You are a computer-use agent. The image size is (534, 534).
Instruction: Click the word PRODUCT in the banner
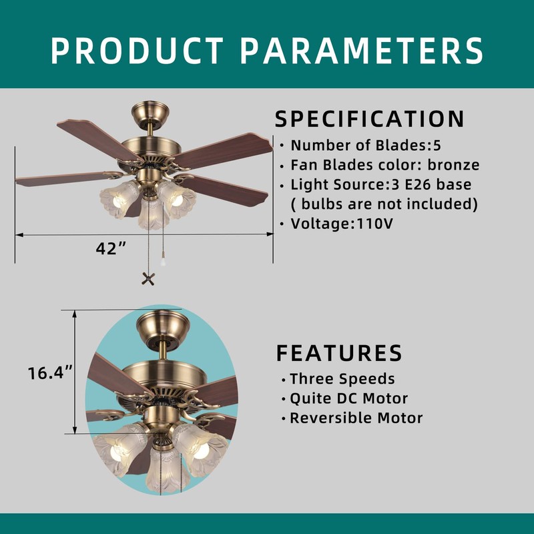pos(137,50)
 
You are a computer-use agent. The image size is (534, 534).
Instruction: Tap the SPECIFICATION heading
pos(370,119)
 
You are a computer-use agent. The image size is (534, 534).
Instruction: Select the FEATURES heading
pos(339,352)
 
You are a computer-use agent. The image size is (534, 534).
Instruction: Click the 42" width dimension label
pos(111,249)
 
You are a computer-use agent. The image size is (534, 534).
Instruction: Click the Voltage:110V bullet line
pos(341,224)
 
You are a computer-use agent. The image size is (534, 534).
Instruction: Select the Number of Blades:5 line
pos(366,145)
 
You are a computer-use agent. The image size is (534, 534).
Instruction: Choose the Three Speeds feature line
pos(342,379)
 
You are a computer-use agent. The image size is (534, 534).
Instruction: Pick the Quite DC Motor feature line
pos(348,399)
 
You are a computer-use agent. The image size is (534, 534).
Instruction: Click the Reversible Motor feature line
pos(356,419)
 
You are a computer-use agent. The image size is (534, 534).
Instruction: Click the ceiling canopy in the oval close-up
pos(164,327)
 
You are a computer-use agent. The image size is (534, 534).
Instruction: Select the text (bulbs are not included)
pos(384,204)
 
